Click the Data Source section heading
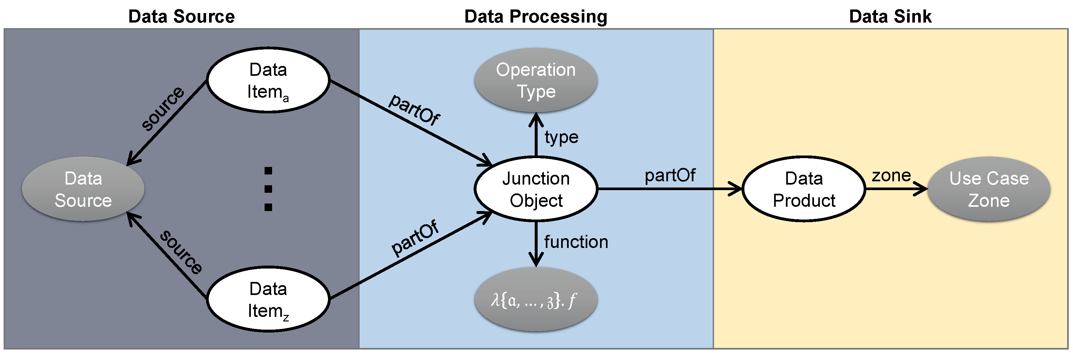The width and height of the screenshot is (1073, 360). tap(181, 17)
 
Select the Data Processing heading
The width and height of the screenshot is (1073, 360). tap(536, 17)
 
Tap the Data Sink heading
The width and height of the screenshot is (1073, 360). tap(890, 17)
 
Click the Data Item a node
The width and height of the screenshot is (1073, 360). tap(268, 80)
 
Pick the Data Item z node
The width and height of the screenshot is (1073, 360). tap(268, 299)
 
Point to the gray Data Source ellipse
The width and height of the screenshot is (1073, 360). tap(83, 189)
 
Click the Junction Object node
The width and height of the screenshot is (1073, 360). tap(536, 189)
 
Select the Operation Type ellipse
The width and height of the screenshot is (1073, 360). tap(536, 80)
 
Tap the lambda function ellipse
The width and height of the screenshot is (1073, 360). tap(536, 300)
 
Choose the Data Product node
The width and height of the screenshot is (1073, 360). tap(804, 189)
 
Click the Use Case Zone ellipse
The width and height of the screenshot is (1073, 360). tap(989, 189)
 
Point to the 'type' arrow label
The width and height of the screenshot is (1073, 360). tap(561, 137)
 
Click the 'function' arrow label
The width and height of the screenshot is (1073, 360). tap(576, 242)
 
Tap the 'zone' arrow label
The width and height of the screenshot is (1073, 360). tap(891, 175)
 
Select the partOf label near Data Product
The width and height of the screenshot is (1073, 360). tap(670, 175)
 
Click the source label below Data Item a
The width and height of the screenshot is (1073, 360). tap(162, 108)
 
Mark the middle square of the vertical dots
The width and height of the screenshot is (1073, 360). tap(268, 189)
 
